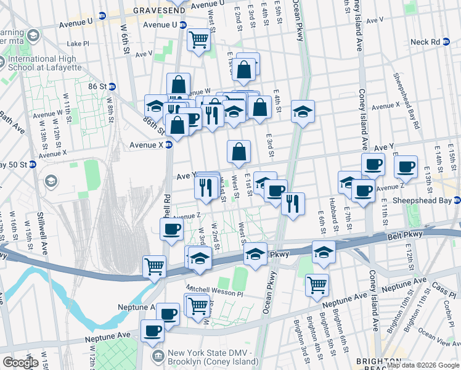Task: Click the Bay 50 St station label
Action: (14, 165)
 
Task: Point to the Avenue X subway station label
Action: (145, 144)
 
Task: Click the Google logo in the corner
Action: (20, 363)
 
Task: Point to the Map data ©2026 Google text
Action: (423, 365)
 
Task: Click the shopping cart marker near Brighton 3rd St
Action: (317, 285)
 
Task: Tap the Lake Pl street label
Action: (78, 44)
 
